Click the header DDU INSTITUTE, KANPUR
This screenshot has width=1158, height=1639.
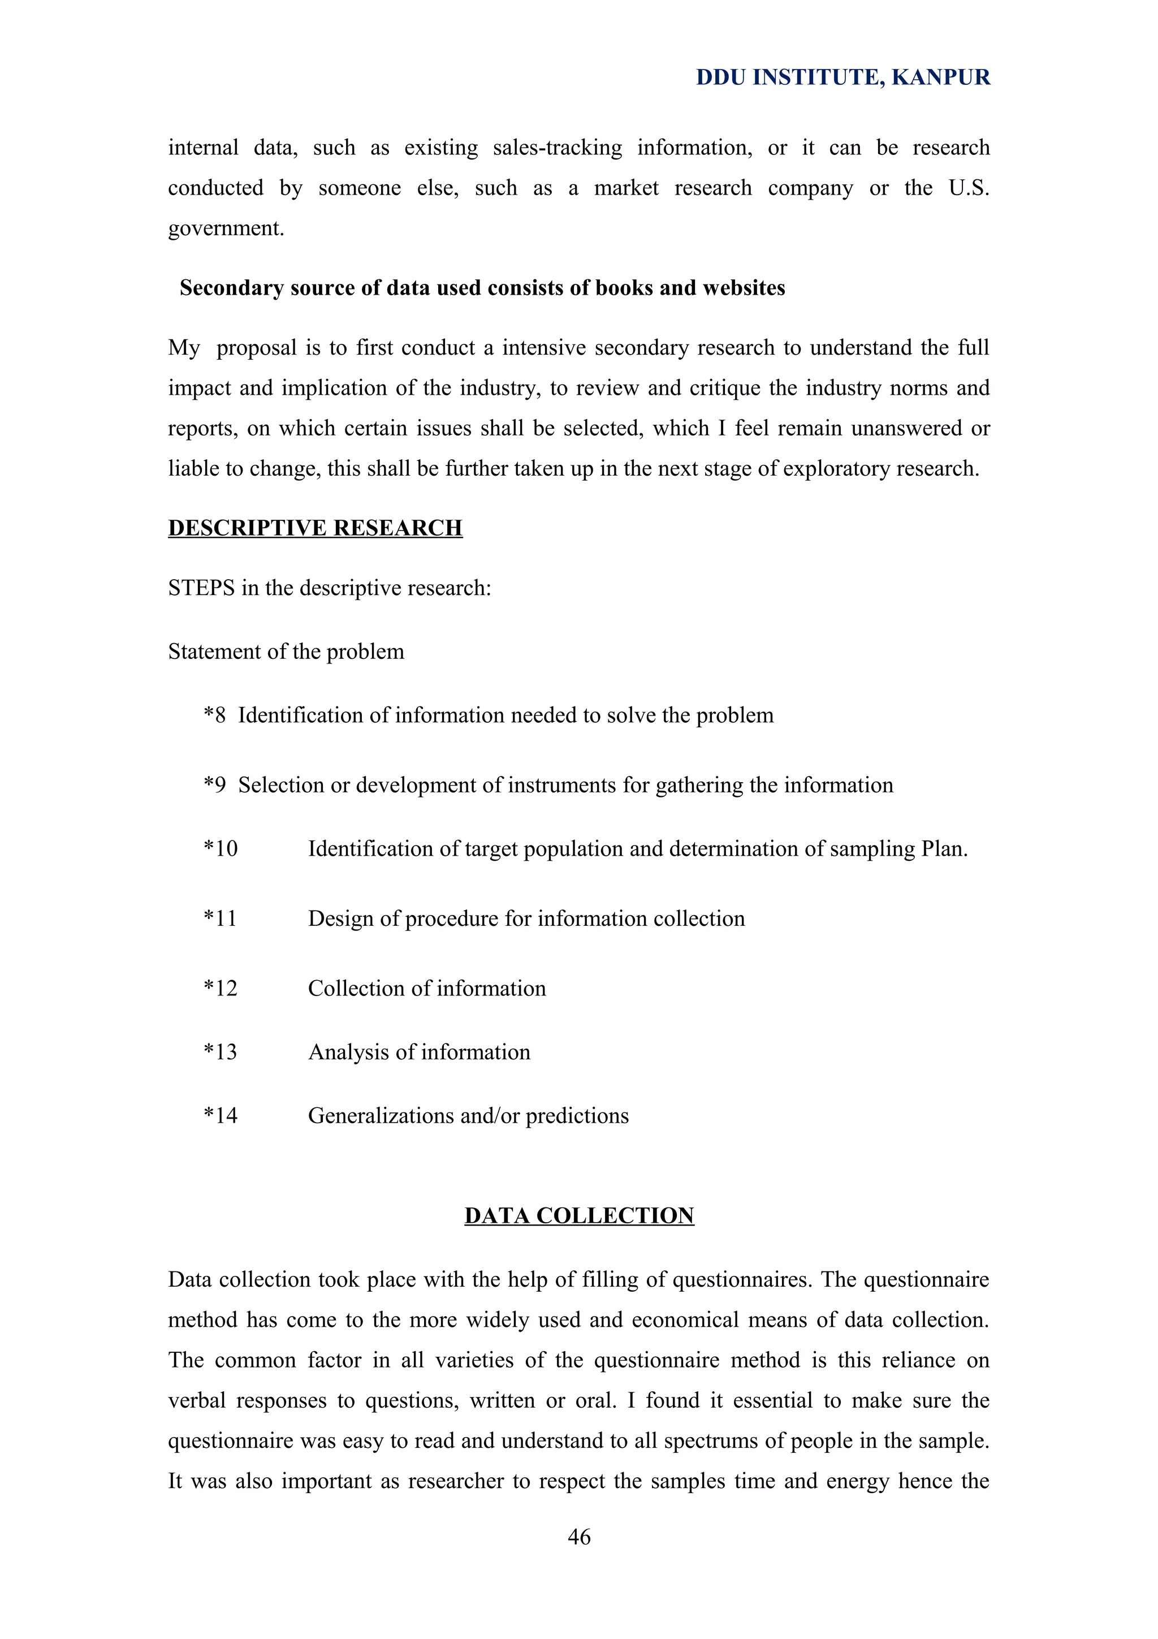(842, 77)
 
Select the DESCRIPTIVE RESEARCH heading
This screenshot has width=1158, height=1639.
(316, 528)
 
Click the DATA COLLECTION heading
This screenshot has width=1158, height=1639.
(578, 1215)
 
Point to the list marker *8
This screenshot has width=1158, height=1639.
(214, 714)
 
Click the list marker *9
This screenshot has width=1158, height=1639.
(214, 784)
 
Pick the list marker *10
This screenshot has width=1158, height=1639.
(220, 848)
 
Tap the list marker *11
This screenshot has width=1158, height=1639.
(220, 918)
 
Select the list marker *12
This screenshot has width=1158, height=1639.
(220, 988)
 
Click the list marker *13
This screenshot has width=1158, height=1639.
(220, 1051)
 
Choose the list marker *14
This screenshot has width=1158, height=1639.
(220, 1115)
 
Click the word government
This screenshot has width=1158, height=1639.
(226, 228)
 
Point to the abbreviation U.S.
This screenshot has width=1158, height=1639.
(968, 188)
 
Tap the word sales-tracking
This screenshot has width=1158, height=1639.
(558, 148)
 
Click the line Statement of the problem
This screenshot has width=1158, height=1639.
(286, 651)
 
